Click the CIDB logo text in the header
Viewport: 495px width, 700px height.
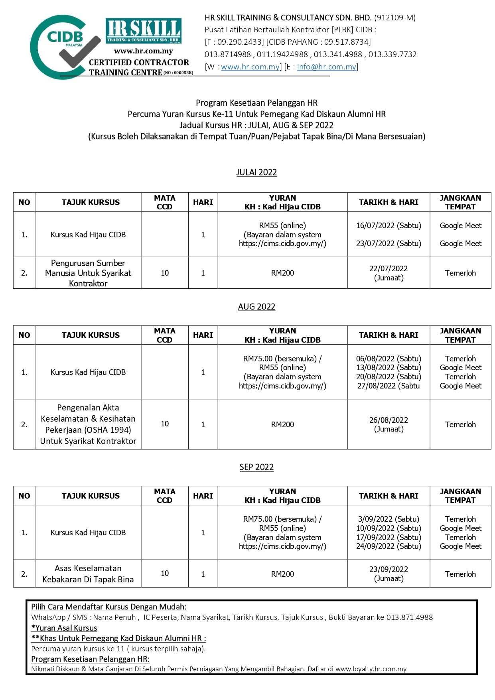pos(65,37)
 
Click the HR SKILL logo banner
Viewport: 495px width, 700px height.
pos(144,31)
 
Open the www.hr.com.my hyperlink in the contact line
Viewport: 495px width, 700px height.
pos(250,67)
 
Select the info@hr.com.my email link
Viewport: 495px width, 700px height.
pos(326,67)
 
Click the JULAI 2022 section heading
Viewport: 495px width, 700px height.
pos(256,172)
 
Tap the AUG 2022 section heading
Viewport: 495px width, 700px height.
pos(256,307)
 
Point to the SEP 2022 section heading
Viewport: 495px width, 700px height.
pos(256,467)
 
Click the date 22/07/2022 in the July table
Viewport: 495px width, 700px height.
pos(388,268)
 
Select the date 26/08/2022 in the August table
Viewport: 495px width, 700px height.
pos(388,420)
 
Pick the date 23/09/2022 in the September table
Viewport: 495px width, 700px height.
pos(388,569)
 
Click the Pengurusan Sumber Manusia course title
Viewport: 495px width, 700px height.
pos(88,273)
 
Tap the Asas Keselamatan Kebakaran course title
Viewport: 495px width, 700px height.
pos(88,574)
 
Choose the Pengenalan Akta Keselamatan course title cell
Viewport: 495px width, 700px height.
pos(88,424)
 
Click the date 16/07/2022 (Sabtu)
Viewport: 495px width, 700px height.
pos(388,225)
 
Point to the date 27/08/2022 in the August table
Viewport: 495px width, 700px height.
pos(388,386)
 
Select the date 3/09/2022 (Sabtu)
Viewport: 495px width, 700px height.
pos(388,519)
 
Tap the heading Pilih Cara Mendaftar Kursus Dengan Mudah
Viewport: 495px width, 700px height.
pos(108,607)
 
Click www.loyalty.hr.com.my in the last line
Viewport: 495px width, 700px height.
pos(371,669)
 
